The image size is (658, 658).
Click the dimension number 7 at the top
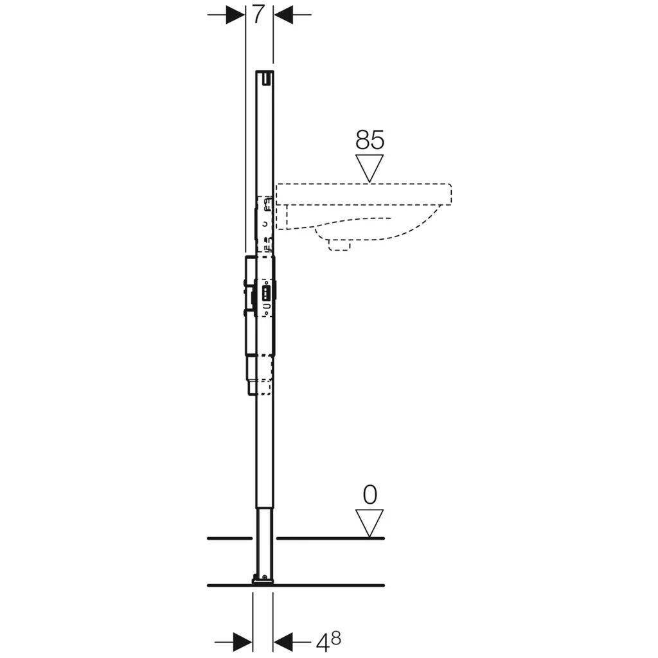258,15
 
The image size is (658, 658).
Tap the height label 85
369,139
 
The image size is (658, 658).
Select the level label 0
369,495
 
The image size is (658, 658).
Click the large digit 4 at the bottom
323,643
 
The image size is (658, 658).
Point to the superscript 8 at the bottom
335,638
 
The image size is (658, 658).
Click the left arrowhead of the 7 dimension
235,15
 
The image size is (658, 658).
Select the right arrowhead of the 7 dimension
283,15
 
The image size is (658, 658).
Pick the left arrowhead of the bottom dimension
242,642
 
